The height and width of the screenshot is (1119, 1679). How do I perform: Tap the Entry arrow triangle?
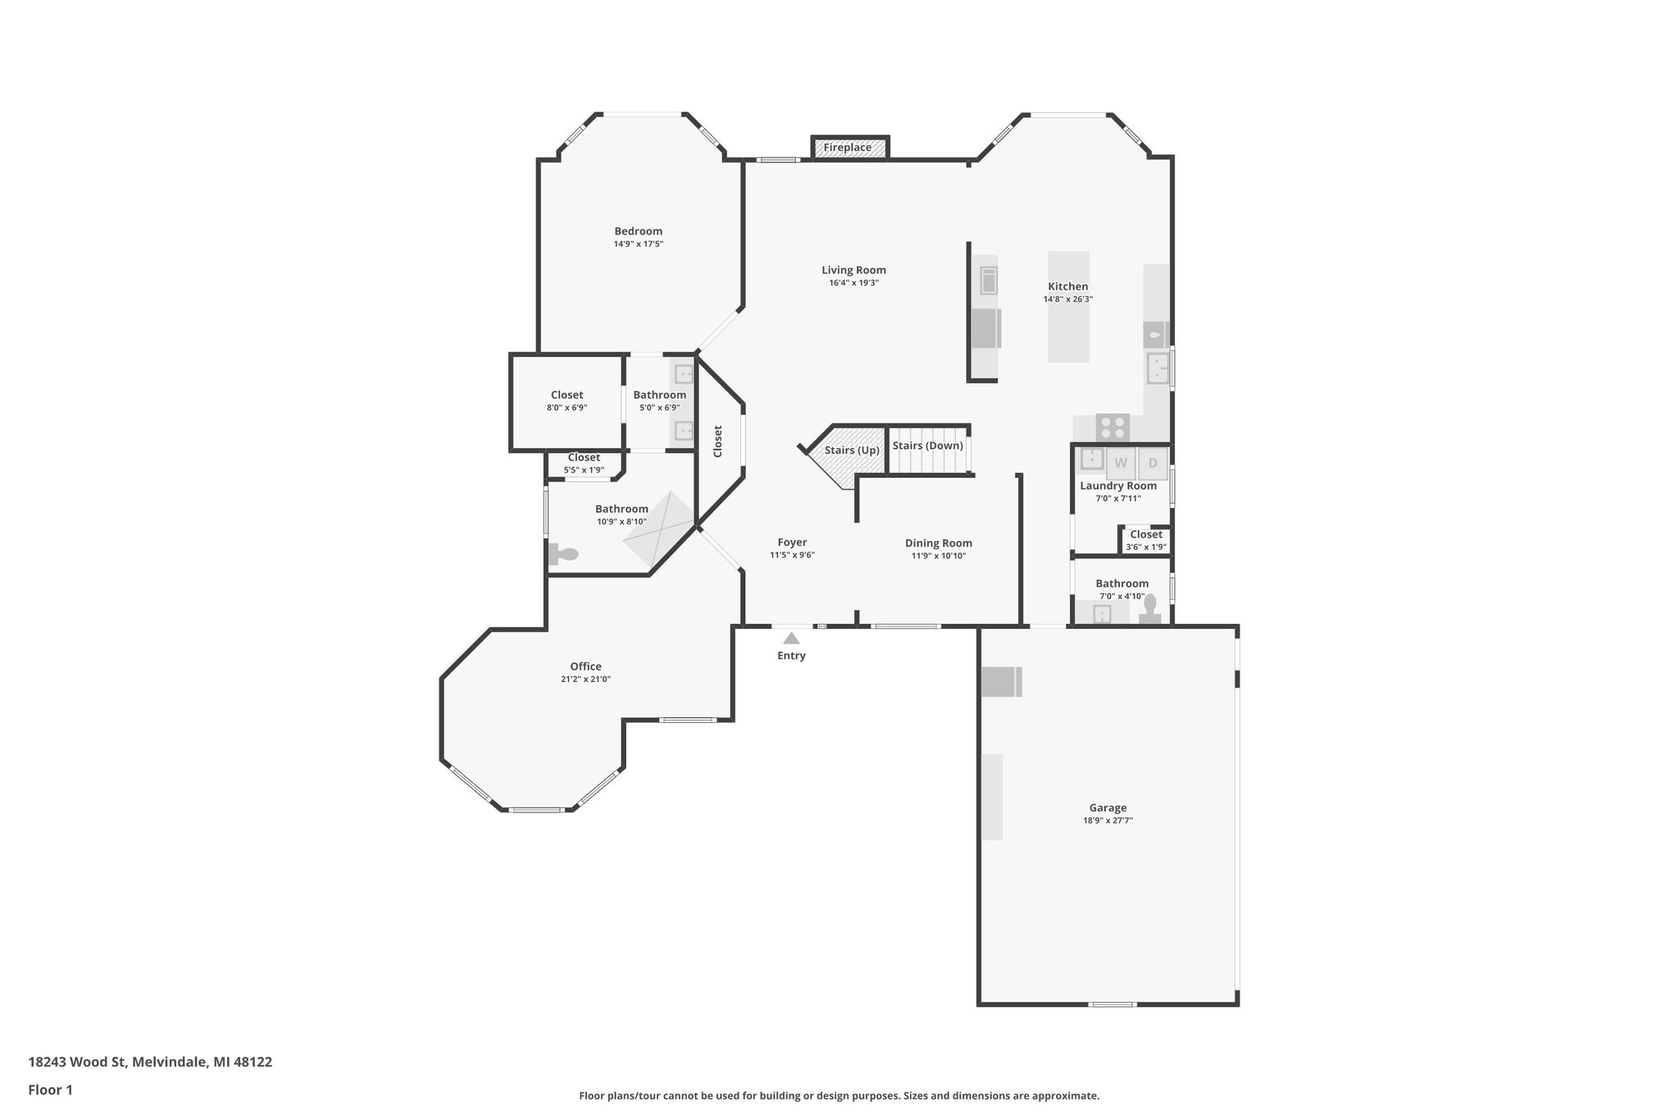791,638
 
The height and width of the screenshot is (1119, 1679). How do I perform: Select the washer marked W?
1121,463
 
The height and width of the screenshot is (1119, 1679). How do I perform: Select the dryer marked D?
1153,463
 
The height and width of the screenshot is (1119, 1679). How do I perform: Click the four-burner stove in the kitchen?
1113,427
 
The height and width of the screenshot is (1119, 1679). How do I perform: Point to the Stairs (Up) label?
852,450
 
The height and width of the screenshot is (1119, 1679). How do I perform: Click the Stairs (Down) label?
927,445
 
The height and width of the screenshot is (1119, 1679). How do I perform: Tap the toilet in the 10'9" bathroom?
564,554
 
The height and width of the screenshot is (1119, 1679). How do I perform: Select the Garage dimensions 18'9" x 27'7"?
1108,820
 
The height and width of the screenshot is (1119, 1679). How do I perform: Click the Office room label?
585,666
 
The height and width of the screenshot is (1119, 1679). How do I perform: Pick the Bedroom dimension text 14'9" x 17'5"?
638,243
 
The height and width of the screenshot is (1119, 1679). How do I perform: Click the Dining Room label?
938,543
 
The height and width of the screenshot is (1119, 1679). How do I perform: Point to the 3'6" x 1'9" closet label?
1145,547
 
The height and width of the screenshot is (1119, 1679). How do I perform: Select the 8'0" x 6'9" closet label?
566,407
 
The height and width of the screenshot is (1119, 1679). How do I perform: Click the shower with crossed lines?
658,531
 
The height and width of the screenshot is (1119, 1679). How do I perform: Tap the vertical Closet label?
718,441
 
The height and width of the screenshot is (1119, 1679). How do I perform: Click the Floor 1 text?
50,1089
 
